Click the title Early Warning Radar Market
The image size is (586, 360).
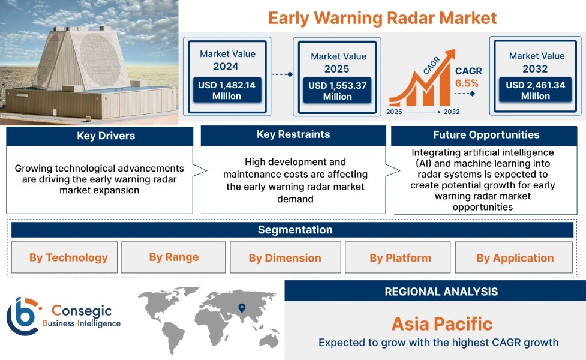[382, 18]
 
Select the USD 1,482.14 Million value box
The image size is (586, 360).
[227, 90]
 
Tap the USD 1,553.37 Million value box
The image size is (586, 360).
[338, 91]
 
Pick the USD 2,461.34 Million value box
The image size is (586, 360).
[535, 90]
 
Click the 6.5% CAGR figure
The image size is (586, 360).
[467, 83]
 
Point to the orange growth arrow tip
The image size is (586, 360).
[455, 50]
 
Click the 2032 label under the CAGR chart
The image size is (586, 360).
[452, 112]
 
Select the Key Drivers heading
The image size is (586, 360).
[106, 136]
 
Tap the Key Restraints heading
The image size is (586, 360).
[293, 134]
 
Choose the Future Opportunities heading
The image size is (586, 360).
[486, 135]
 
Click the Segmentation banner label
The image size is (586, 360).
[295, 230]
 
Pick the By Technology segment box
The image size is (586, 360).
[64, 257]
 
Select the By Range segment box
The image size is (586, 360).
[173, 257]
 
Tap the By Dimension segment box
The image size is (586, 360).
[285, 257]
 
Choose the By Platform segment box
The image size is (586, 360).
[398, 257]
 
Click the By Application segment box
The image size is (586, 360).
[514, 257]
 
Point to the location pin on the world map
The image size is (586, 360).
[242, 308]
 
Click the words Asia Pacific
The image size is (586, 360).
[442, 324]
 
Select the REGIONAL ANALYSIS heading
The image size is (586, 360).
[441, 292]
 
